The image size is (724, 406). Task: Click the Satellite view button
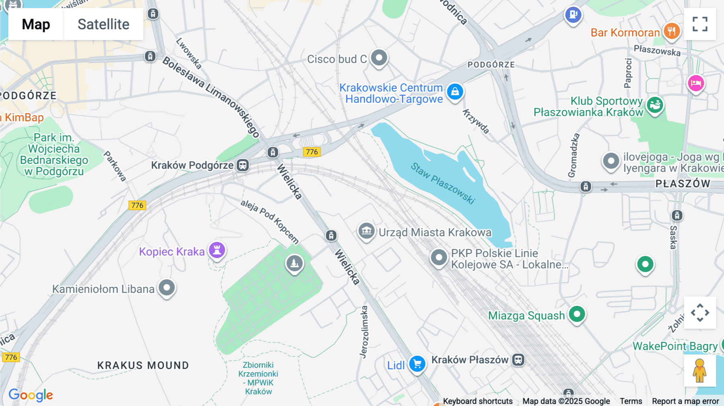pyautogui.click(x=103, y=24)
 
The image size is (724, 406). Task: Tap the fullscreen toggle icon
pyautogui.click(x=700, y=24)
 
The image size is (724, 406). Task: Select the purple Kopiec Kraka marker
pyautogui.click(x=217, y=250)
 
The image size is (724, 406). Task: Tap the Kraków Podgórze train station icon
pyautogui.click(x=243, y=165)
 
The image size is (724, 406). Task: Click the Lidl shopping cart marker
pyautogui.click(x=417, y=364)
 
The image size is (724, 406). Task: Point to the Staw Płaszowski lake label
pyautogui.click(x=443, y=183)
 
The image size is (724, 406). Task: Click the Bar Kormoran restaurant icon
pyautogui.click(x=671, y=31)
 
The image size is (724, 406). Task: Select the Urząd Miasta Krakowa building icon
pyautogui.click(x=366, y=231)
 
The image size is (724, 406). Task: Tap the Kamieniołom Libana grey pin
pyautogui.click(x=167, y=287)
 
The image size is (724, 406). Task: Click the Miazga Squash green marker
pyautogui.click(x=577, y=314)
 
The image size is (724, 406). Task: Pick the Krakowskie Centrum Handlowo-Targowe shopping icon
pyautogui.click(x=455, y=92)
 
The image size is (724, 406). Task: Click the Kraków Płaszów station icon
pyautogui.click(x=518, y=359)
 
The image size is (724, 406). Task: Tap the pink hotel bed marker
pyautogui.click(x=696, y=83)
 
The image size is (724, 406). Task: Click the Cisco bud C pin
pyautogui.click(x=379, y=57)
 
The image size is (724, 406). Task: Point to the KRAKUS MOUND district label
pyautogui.click(x=143, y=365)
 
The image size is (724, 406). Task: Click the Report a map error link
pyautogui.click(x=685, y=401)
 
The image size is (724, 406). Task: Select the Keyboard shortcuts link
pyautogui.click(x=477, y=401)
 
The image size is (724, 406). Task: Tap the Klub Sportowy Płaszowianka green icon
pyautogui.click(x=655, y=105)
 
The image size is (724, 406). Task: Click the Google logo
pyautogui.click(x=31, y=395)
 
